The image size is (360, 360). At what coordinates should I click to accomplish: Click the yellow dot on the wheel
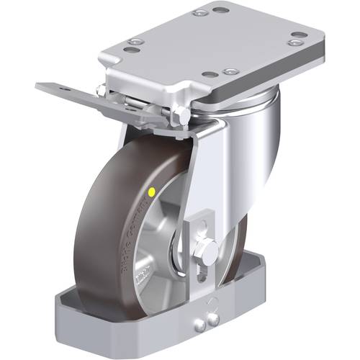[152, 192]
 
